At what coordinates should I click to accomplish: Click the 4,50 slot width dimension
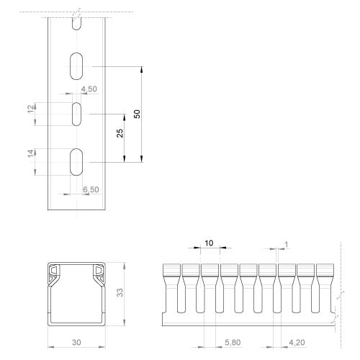click(x=89, y=89)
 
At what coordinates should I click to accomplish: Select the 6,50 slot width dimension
click(x=91, y=189)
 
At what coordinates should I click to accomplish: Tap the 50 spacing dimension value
click(x=137, y=114)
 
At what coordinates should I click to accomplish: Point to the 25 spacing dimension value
click(x=120, y=133)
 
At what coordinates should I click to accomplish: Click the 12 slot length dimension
click(x=31, y=109)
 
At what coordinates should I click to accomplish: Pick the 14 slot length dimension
click(x=31, y=153)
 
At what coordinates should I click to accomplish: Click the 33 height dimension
click(x=120, y=292)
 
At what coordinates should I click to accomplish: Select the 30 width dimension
click(x=76, y=343)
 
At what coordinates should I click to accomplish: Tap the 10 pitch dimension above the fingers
click(x=209, y=243)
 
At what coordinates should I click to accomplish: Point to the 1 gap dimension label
click(x=286, y=245)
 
